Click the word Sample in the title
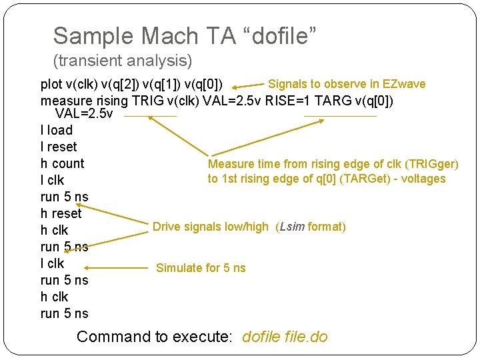coord(87,36)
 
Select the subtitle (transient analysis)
coord(122,61)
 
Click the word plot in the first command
coord(51,85)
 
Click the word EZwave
coord(403,84)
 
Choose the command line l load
coord(57,130)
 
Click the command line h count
coord(62,163)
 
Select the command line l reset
coord(59,147)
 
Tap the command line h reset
coord(61,213)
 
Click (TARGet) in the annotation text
coord(368,179)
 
